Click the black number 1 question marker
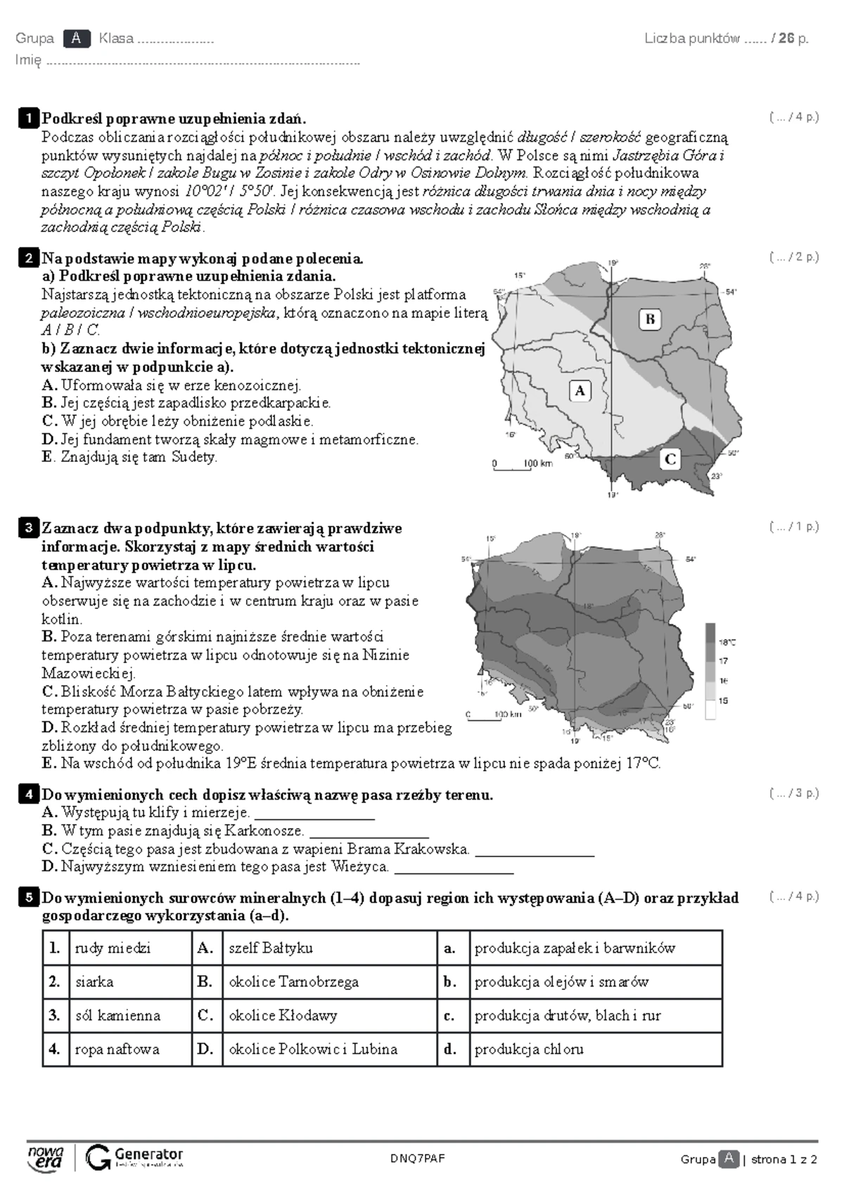tap(28, 118)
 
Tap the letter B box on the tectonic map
tap(650, 319)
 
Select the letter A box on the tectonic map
tap(580, 391)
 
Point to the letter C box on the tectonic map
tap(670, 459)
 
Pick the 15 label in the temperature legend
tap(724, 700)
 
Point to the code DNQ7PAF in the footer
tap(418, 1159)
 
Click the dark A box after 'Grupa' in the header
tap(77, 39)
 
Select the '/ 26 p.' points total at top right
tap(790, 39)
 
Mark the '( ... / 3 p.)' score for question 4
tap(793, 793)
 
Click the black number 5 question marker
tap(28, 897)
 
